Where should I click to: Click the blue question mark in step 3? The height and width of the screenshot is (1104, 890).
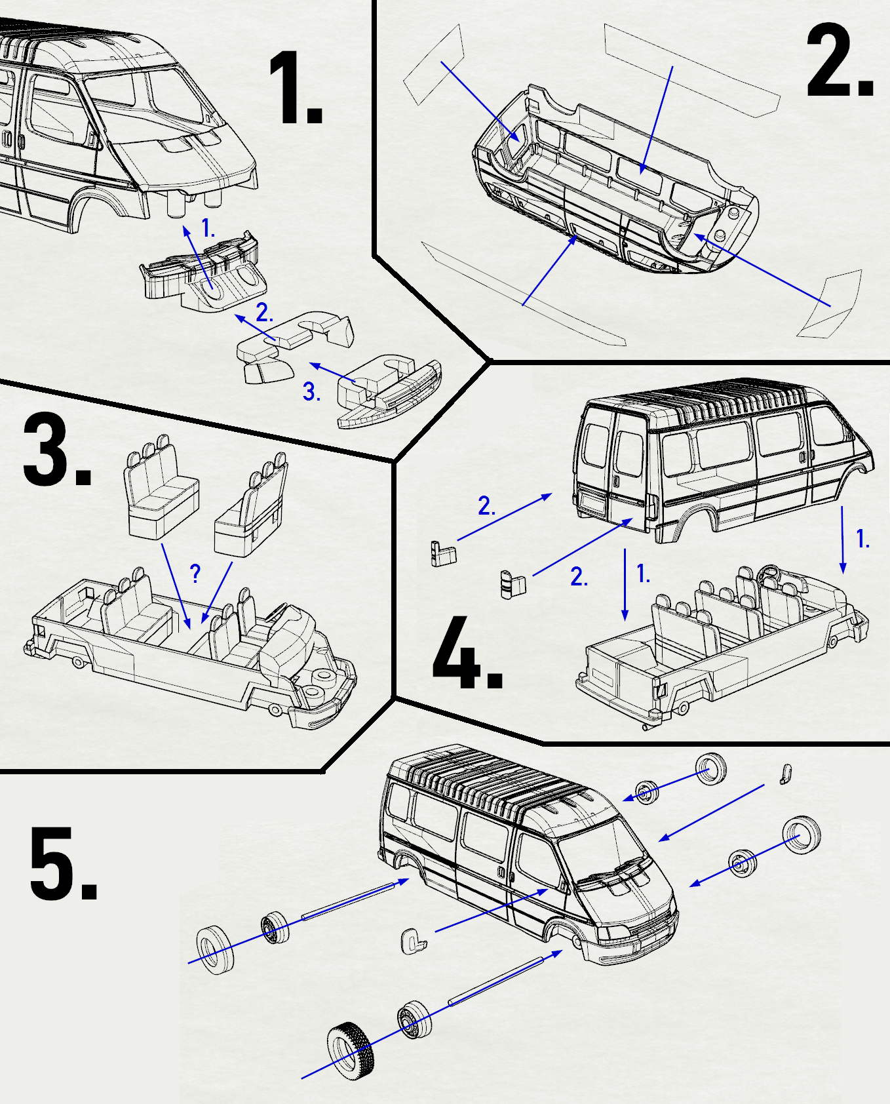coord(195,573)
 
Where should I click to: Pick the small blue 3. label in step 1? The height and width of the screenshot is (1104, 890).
coord(311,392)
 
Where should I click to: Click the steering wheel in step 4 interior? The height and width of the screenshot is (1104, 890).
coord(769,574)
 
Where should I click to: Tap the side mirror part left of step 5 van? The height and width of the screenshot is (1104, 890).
coord(413,941)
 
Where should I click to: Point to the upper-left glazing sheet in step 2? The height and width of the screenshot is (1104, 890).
coord(433,66)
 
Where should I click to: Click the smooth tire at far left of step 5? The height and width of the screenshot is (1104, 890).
coord(215,949)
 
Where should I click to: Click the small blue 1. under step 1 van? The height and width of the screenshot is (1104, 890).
coord(208,229)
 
